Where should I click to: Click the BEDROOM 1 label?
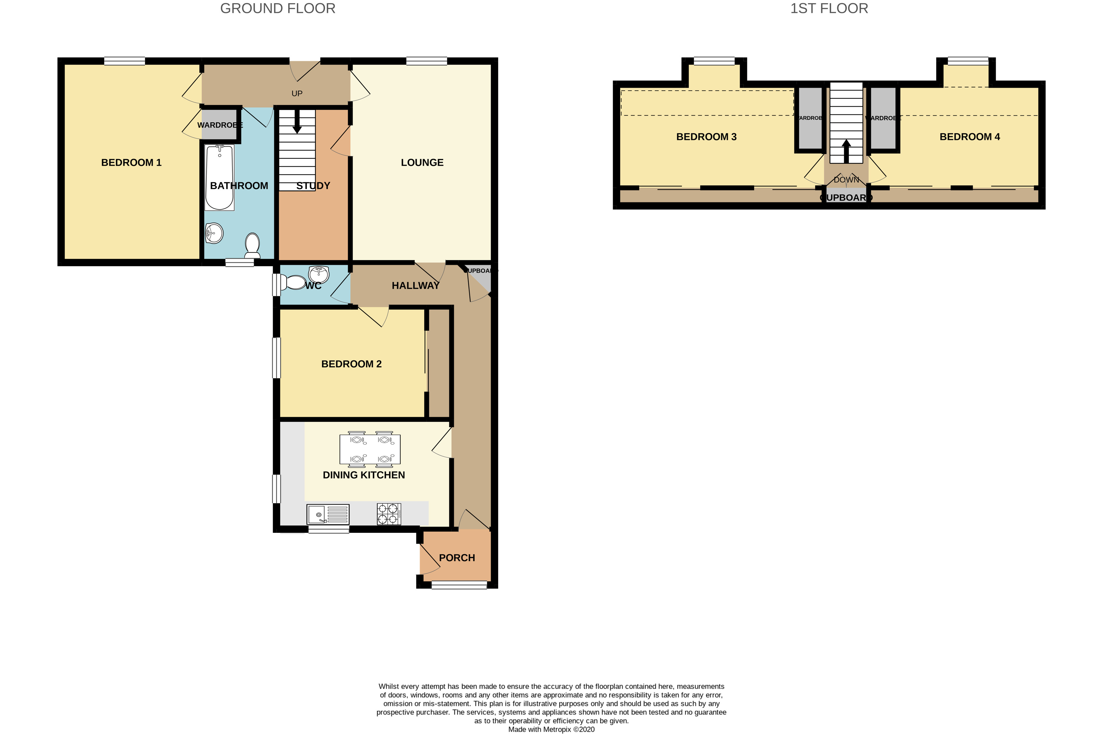131,163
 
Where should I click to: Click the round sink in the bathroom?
214,232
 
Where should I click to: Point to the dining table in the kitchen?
370,449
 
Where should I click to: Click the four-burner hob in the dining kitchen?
389,514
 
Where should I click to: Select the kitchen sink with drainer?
328,514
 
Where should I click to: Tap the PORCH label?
457,558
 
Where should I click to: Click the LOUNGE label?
422,163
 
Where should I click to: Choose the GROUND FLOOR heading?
277,8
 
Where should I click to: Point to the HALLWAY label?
415,285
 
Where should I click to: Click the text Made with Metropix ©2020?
551,729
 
